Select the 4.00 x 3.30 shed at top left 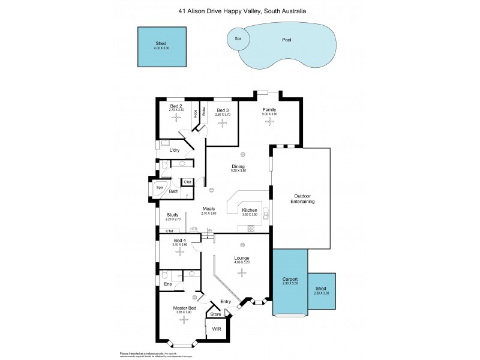[x=161, y=47]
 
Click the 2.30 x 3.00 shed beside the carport [x=322, y=291]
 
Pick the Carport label [x=290, y=279]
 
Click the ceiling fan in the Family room [x=269, y=122]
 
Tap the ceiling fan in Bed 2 [x=176, y=118]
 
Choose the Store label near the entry [x=215, y=313]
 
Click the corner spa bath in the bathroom [x=160, y=187]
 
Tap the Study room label [x=173, y=214]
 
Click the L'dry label [x=175, y=150]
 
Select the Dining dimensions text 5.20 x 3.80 [x=239, y=172]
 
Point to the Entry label [x=226, y=301]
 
